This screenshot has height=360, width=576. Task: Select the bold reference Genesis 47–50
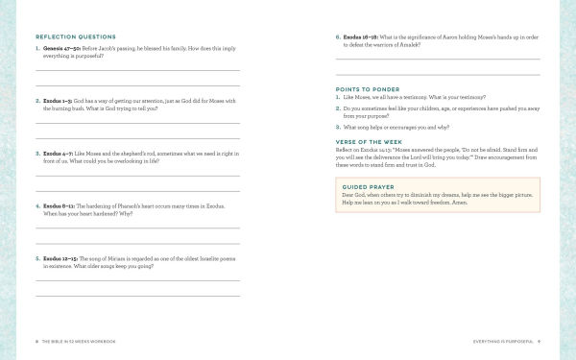click(x=62, y=48)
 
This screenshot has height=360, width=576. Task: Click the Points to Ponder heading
click(x=370, y=88)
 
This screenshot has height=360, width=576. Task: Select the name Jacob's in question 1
click(x=104, y=48)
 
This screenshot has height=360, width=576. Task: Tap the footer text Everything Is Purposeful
click(x=503, y=341)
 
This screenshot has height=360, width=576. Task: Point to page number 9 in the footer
click(x=540, y=341)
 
